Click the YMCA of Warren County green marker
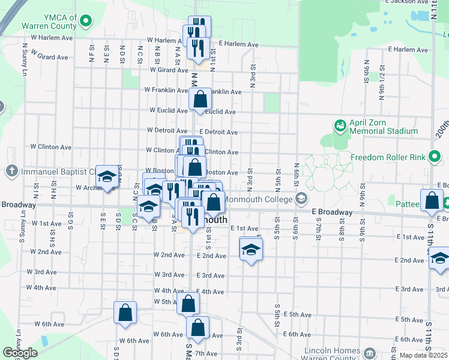(85, 22)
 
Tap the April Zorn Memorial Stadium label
(384, 127)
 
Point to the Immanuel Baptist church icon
(12, 172)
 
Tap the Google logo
(20, 353)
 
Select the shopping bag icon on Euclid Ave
(200, 100)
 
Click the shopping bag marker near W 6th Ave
(125, 313)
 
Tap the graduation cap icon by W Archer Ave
(107, 176)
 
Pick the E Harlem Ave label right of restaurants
(238, 44)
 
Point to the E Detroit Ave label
(218, 132)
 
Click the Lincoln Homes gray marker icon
(370, 352)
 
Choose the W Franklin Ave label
(166, 91)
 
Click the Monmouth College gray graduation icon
(301, 199)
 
